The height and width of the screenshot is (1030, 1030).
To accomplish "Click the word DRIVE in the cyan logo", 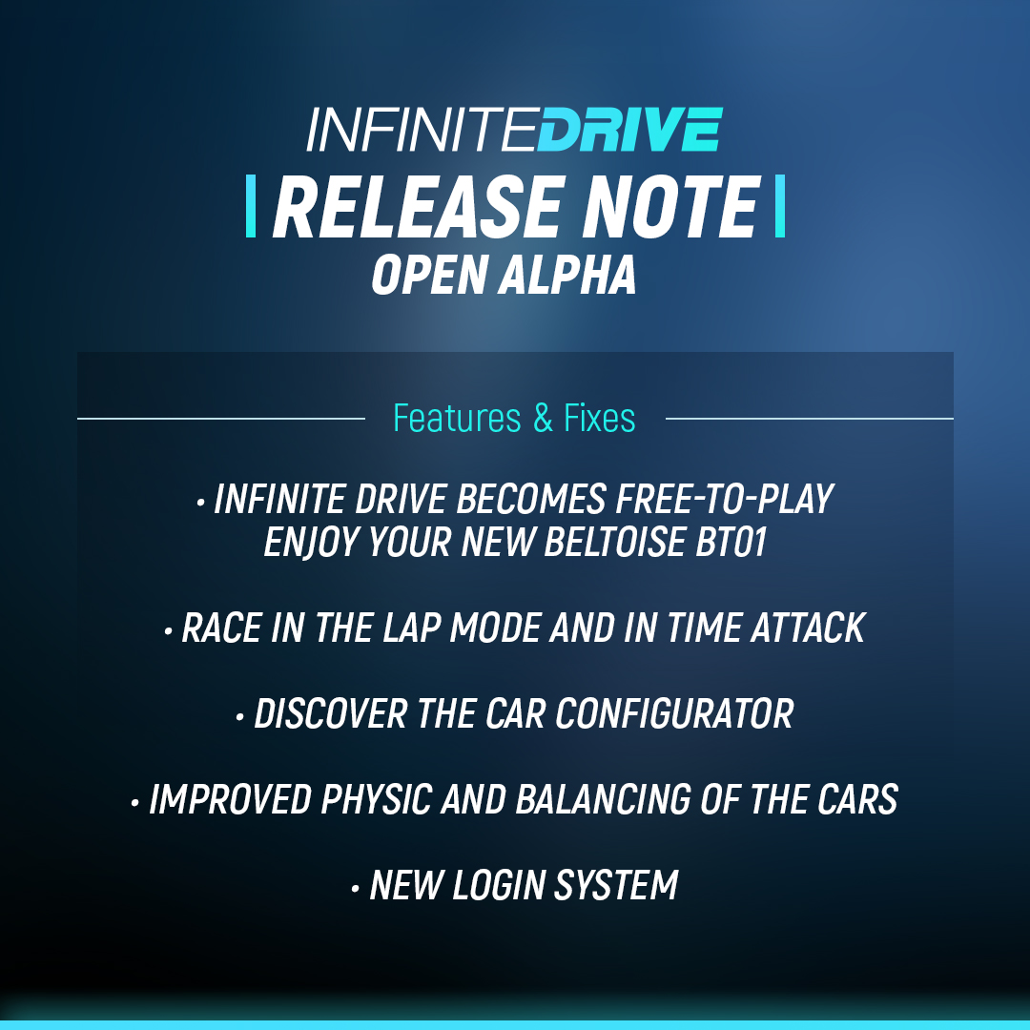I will point(629,131).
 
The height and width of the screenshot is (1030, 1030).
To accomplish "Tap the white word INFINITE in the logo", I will point(420,131).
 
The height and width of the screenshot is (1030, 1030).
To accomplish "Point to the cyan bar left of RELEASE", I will point(251,206).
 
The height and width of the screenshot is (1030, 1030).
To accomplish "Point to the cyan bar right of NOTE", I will point(779,206).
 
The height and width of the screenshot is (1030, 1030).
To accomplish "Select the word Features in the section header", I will point(458,419).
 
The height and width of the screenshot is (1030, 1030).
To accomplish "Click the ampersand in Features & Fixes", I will point(543,419).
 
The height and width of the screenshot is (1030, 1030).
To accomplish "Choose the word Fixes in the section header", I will point(599,419).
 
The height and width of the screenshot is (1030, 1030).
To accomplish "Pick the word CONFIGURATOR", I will point(675,713).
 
